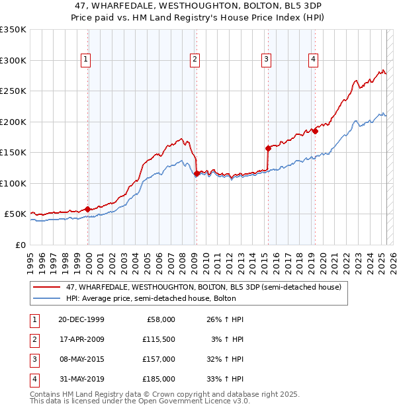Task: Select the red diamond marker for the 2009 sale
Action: click(x=197, y=174)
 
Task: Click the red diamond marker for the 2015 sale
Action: click(x=268, y=148)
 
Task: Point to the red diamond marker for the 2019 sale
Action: click(x=316, y=131)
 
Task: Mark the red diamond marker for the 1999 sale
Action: click(x=88, y=209)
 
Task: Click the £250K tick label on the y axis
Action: click(x=13, y=91)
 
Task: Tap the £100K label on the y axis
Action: click(x=13, y=183)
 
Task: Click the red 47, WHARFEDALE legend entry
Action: click(x=202, y=287)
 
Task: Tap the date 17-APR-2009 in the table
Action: click(x=81, y=339)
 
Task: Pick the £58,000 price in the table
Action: click(x=159, y=319)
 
